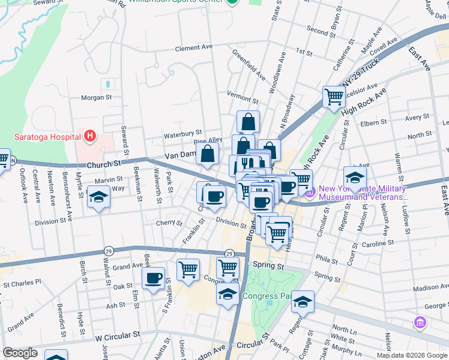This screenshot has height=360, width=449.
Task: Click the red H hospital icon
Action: tap(89, 136)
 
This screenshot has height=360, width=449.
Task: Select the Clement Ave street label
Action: tap(194, 48)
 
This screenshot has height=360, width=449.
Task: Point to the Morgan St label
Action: tap(97, 97)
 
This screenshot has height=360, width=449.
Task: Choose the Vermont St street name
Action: tap(243, 93)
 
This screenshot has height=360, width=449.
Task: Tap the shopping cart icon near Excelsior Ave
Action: tap(334, 96)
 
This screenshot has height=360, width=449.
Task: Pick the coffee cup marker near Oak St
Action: tap(153, 277)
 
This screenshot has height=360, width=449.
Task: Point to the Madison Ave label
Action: tap(431, 287)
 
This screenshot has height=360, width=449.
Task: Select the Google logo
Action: tap(20, 353)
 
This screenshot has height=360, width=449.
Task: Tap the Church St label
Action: tap(104, 164)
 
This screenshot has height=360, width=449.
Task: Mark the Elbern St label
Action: tap(374, 123)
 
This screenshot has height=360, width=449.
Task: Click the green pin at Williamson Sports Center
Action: tap(232, 2)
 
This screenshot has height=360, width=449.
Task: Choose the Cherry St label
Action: tap(169, 224)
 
